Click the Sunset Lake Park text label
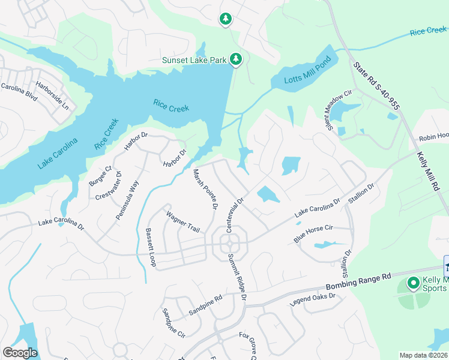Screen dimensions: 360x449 (194, 60)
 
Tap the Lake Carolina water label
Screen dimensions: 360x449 (57, 154)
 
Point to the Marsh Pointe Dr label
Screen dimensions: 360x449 (204, 190)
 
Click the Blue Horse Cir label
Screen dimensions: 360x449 (313, 234)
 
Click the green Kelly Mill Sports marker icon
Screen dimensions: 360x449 (414, 283)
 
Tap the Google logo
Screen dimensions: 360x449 (20, 353)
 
